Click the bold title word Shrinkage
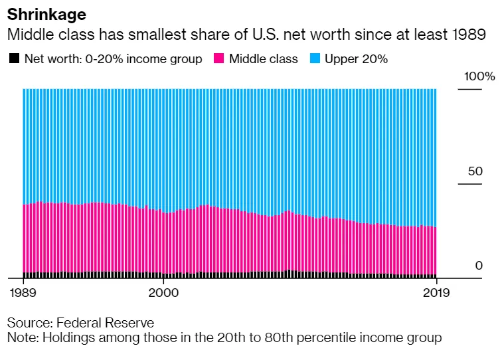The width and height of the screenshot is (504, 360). pos(46,14)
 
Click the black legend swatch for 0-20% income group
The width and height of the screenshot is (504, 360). pos(14,59)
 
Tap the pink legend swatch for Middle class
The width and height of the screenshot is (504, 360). pos(218,59)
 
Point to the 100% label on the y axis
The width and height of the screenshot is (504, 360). pos(479,77)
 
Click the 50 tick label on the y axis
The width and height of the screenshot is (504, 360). pos(475,171)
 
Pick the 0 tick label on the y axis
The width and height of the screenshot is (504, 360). pos(478,266)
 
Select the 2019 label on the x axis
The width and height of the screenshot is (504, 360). pos(436,292)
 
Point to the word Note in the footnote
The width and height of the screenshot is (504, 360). pos(21,338)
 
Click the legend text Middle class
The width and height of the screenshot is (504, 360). pos(264,59)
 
